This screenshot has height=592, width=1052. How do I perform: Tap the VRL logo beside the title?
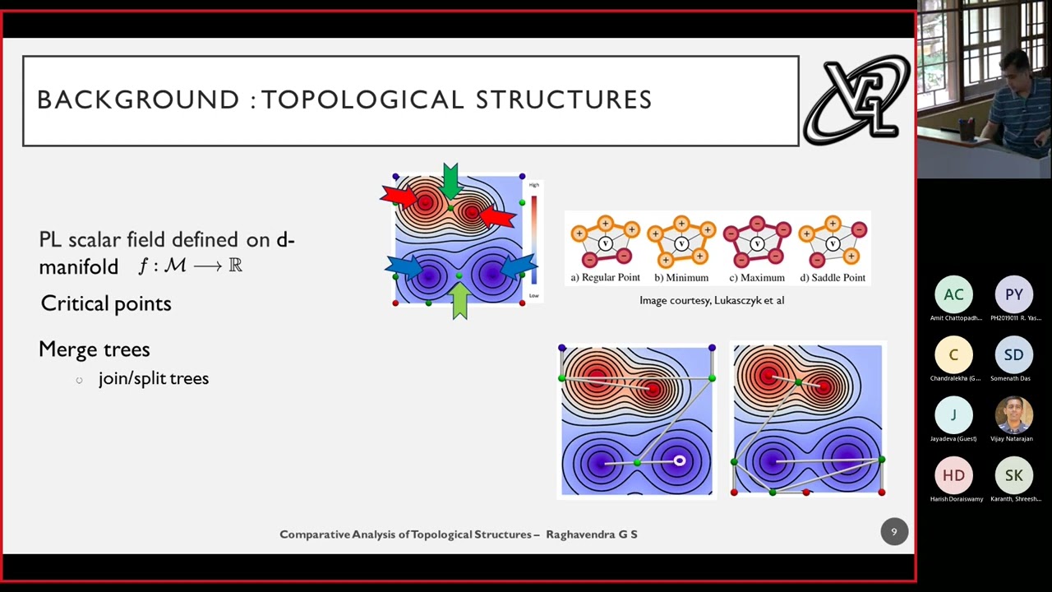click(856, 101)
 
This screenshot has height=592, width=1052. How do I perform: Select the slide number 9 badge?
click(894, 532)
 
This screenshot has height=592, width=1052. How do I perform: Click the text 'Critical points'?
click(106, 303)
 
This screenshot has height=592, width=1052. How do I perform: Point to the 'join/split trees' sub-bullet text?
click(153, 378)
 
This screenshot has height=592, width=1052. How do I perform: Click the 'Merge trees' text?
click(95, 349)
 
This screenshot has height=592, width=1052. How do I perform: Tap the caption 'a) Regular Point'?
click(605, 278)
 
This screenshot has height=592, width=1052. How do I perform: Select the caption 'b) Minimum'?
click(681, 278)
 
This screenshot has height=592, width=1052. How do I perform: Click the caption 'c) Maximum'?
click(756, 278)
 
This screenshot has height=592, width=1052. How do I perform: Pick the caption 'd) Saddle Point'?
click(833, 278)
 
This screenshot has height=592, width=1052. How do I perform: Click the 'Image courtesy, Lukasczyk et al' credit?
click(712, 300)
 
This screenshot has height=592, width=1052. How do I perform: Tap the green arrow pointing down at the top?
click(450, 180)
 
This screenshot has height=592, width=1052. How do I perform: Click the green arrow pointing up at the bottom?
click(459, 300)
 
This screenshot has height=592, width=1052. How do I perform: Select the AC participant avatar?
click(953, 294)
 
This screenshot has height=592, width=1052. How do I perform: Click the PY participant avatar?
click(1013, 294)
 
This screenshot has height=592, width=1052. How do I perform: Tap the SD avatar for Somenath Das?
click(1013, 355)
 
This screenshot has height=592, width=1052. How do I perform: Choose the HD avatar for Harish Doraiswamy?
click(953, 475)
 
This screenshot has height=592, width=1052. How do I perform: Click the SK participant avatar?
click(1013, 475)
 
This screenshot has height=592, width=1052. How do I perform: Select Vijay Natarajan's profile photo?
click(1013, 415)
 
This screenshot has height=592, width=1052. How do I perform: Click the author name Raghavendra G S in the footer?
click(592, 534)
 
